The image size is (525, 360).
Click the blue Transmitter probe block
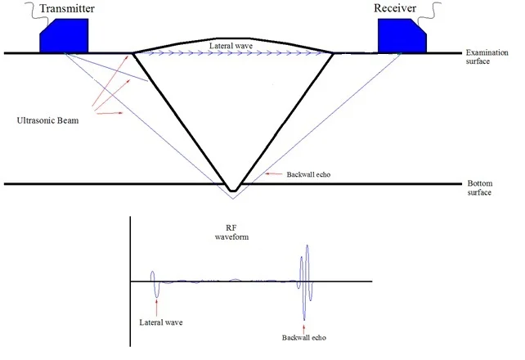(64, 36)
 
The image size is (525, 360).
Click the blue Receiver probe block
(402, 36)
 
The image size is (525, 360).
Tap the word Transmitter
(67, 8)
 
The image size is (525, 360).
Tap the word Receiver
(395, 8)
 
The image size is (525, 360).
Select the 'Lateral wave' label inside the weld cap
(231, 46)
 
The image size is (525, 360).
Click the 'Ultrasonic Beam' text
(48, 120)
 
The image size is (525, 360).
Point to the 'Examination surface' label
(487, 57)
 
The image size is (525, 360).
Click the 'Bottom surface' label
(480, 188)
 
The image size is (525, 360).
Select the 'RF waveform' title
(231, 232)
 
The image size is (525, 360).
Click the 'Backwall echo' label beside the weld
(308, 174)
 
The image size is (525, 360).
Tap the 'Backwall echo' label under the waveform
(304, 338)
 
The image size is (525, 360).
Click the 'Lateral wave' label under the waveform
(161, 322)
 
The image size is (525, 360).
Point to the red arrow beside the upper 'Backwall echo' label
(274, 174)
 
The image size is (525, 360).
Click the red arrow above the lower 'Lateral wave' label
(156, 308)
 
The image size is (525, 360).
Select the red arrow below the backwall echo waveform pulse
(304, 327)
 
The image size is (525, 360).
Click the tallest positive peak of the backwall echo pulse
(307, 246)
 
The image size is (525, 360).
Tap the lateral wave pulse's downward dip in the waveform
(156, 295)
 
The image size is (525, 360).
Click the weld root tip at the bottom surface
(233, 191)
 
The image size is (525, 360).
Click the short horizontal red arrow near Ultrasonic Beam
(110, 114)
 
